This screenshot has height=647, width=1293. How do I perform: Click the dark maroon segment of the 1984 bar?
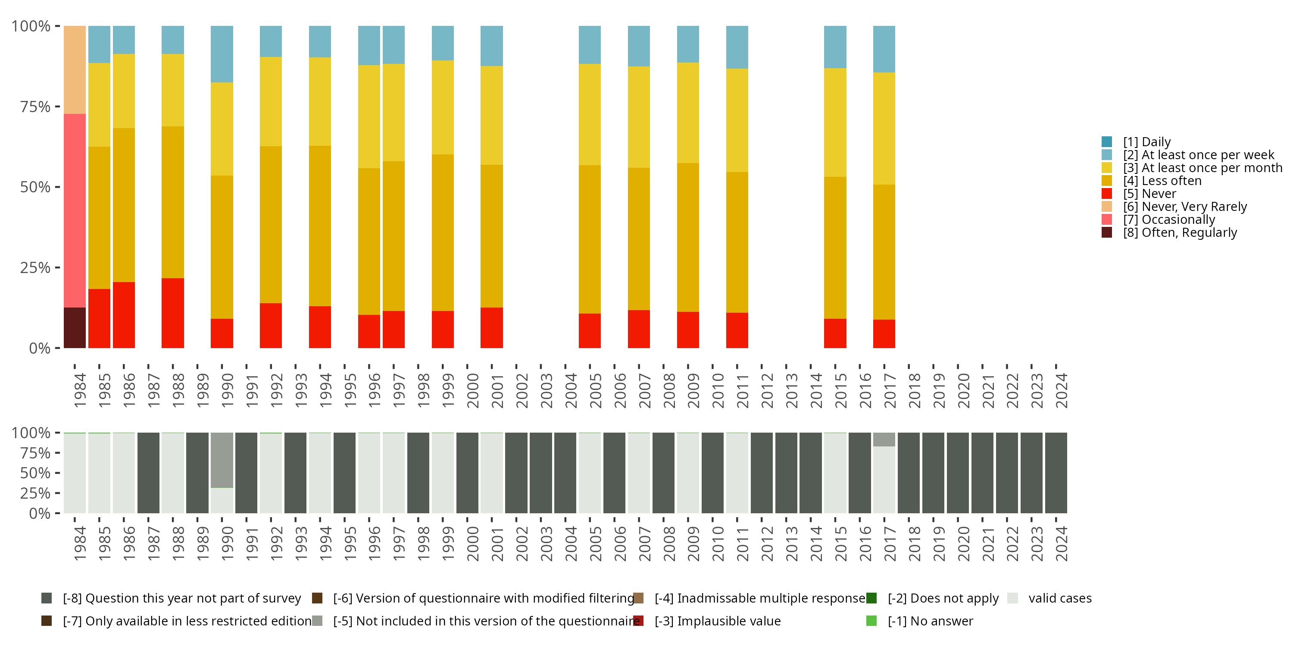coord(75,327)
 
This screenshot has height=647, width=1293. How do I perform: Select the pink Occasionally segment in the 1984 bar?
coord(75,210)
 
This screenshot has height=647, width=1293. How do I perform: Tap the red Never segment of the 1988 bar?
coord(173,313)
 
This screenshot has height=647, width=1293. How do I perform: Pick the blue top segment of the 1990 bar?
coord(222,54)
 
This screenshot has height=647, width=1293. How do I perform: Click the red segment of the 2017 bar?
coord(884,333)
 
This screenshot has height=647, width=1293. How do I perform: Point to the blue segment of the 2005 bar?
coord(589,45)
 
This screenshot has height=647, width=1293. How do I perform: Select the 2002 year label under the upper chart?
coord(522,390)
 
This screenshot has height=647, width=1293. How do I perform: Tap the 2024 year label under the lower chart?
coord(1061,543)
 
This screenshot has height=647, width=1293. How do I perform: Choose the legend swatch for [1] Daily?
coord(1107,141)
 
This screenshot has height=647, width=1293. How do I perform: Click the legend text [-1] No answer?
coord(930,621)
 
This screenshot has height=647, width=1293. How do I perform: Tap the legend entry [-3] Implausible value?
coord(717,621)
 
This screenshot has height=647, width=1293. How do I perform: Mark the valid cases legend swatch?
coord(1012,598)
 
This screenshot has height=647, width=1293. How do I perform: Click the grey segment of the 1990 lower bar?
coord(222,460)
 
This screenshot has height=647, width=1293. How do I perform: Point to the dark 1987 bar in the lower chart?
coord(149,473)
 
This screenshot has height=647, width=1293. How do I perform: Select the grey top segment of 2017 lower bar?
coord(884,440)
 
